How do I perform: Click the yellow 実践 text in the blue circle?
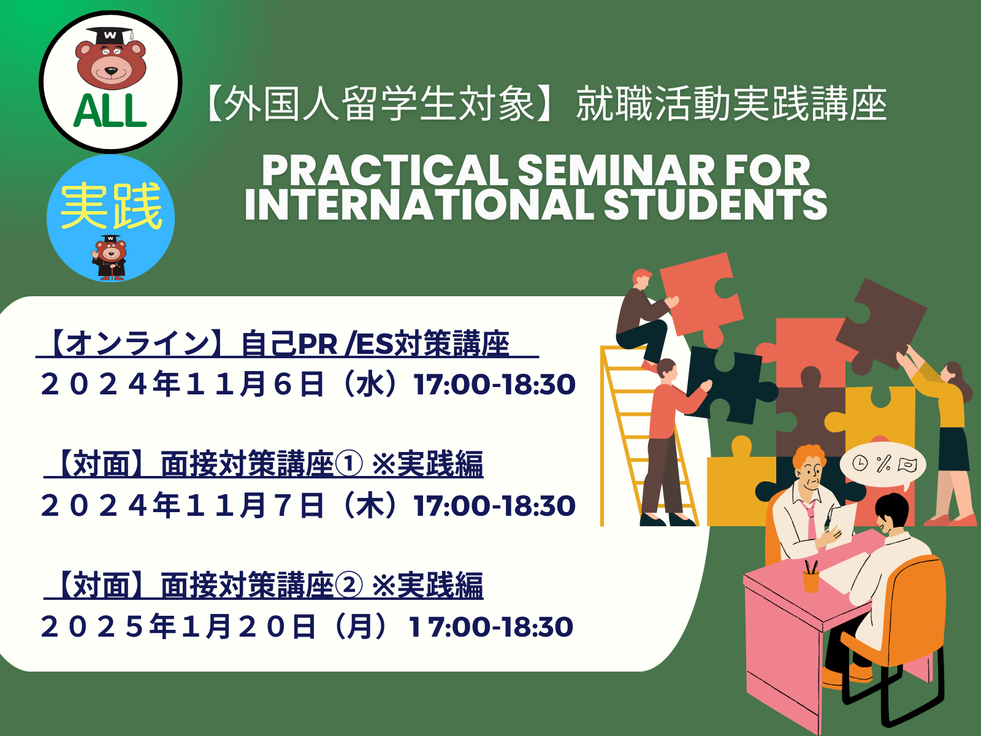pyautogui.click(x=111, y=206)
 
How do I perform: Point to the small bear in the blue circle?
pyautogui.click(x=110, y=258)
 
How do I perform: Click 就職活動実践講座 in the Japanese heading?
pyautogui.click(x=731, y=104)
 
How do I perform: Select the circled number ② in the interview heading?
pyautogui.click(x=348, y=585)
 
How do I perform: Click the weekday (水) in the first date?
pyautogui.click(x=368, y=385)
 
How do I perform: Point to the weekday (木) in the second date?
pyautogui.click(x=368, y=505)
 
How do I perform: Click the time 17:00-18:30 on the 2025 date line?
pyautogui.click(x=490, y=626)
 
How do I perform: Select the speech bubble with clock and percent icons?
pyautogui.click(x=883, y=465)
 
